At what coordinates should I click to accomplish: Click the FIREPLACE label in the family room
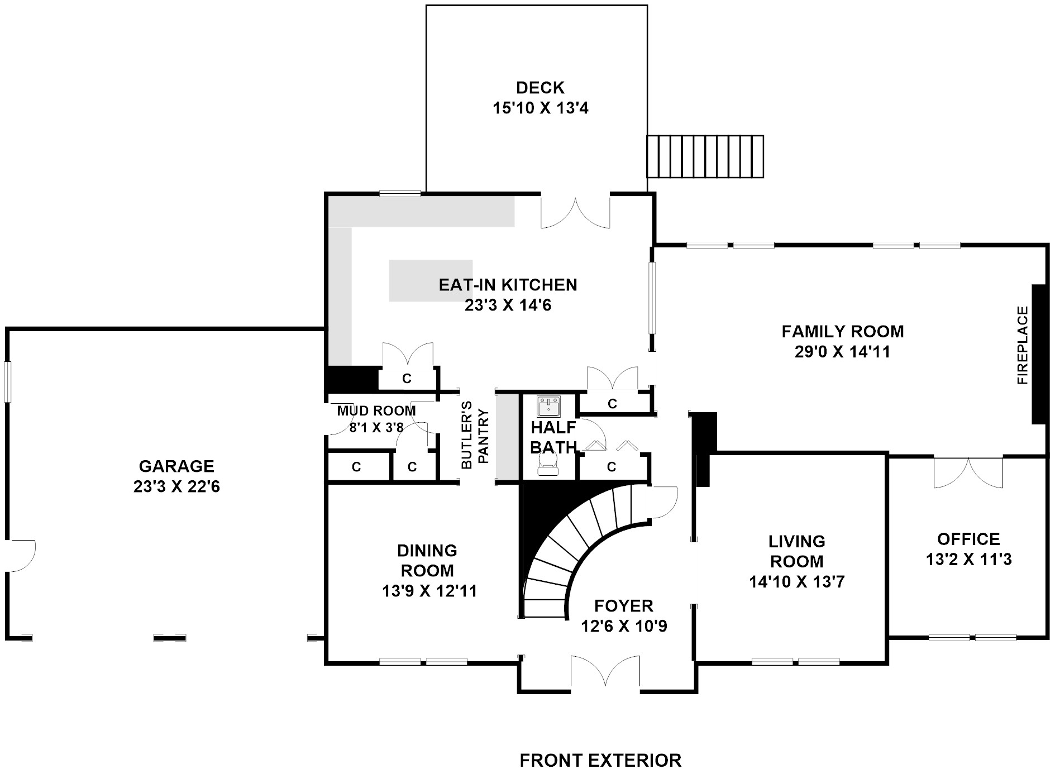1022,345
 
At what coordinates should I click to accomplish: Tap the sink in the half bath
548,407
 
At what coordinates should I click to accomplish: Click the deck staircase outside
705,156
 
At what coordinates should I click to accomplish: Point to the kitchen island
431,280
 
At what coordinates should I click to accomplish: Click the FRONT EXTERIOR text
600,761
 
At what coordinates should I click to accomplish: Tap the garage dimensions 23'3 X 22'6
176,487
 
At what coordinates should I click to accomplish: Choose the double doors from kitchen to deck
575,211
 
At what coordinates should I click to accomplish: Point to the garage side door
21,556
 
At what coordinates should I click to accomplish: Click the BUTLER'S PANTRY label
474,434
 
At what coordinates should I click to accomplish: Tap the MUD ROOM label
376,411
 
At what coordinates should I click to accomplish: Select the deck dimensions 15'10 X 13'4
541,108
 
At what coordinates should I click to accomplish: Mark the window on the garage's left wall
7,382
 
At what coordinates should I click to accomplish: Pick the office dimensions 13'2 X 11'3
969,560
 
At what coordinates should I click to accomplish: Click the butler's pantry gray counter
508,436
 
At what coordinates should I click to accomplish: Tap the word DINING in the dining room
427,551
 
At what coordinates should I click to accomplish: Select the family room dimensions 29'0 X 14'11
842,352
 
